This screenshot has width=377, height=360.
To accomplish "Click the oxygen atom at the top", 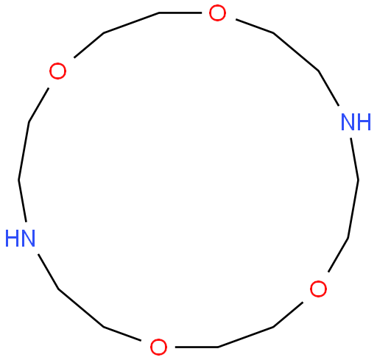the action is click(x=217, y=13).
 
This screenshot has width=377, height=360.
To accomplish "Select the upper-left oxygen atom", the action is click(x=57, y=71).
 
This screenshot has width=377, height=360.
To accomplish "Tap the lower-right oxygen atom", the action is click(x=318, y=289).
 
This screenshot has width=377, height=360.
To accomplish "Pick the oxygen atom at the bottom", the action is click(x=158, y=347).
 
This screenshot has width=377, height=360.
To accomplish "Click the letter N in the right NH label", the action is click(x=348, y=122).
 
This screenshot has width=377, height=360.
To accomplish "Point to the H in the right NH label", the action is click(x=364, y=122).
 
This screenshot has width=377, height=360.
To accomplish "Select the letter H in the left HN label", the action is click(x=12, y=238).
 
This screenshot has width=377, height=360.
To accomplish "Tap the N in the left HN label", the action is click(x=28, y=238).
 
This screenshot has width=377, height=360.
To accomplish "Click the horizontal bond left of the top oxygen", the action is click(x=180, y=13).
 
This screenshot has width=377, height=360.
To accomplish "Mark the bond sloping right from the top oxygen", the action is click(x=255, y=26).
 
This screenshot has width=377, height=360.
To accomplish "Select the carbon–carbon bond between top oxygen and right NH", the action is click(x=296, y=52).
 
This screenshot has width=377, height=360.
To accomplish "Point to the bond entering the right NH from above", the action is click(x=328, y=88).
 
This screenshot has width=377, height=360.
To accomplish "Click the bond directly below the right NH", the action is click(x=355, y=159).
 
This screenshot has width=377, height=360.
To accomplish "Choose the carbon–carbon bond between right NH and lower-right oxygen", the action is click(x=353, y=209).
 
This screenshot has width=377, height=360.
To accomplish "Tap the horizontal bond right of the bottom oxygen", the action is click(x=197, y=347).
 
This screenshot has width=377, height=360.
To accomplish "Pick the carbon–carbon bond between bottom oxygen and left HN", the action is click(x=81, y=308).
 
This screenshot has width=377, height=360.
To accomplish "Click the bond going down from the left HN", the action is click(x=48, y=272).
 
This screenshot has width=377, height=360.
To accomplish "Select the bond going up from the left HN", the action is click(x=22, y=201).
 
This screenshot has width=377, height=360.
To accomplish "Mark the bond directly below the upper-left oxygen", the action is click(x=39, y=105).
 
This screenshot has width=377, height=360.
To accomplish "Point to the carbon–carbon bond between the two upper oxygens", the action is click(x=132, y=23).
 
